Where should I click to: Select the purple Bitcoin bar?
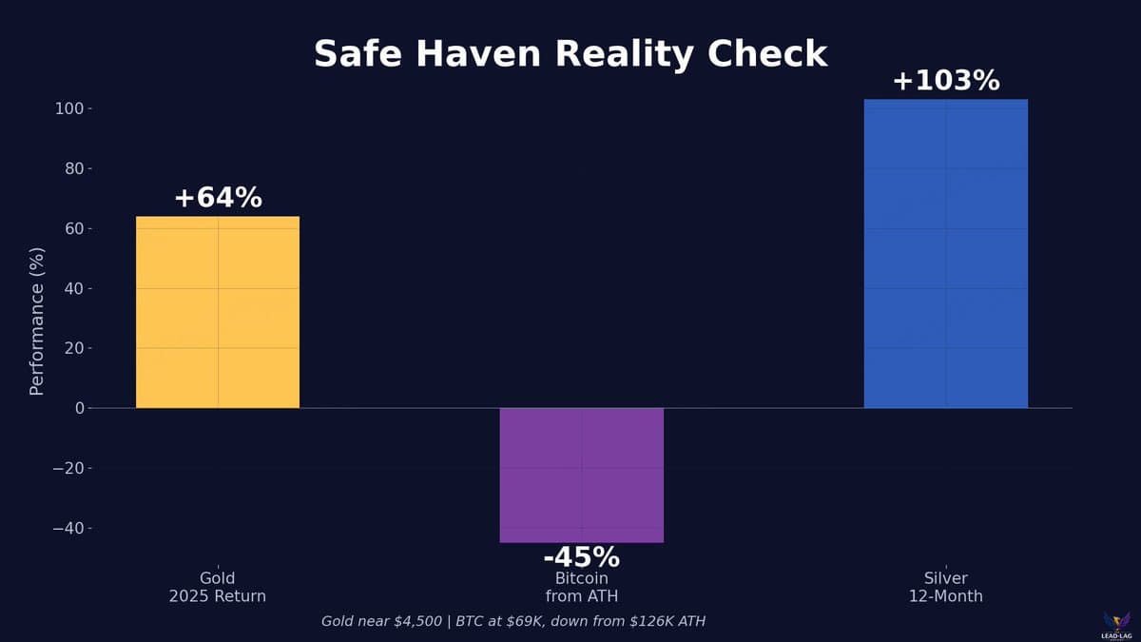coord(581,475)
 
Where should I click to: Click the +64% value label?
coord(218,198)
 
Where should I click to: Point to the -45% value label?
coord(581,557)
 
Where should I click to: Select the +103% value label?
coord(945,81)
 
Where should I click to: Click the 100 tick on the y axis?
coord(69,109)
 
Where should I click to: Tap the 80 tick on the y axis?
coord(73,169)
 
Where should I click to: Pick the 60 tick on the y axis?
coord(73,229)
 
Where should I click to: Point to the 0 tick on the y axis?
coord(79,408)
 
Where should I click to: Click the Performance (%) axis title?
coord(37,321)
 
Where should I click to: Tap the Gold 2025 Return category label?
coord(218,587)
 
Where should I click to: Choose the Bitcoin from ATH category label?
coord(581,587)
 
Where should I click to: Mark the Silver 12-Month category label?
coord(945,587)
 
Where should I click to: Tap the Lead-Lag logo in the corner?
coord(1116,625)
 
